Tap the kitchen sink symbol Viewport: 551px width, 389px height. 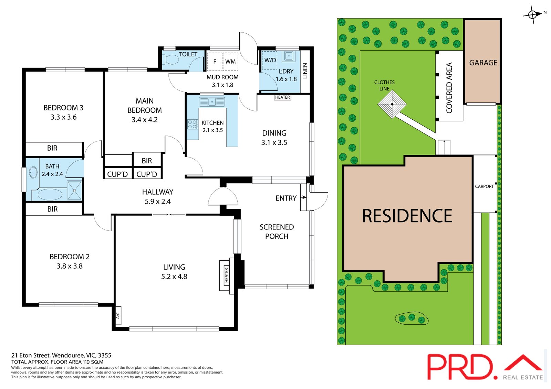[212, 101]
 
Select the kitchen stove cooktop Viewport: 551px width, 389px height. [193, 124]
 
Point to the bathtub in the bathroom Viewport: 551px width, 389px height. [47, 194]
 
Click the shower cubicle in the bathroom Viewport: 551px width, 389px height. [74, 191]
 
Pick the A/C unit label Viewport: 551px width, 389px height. [118, 315]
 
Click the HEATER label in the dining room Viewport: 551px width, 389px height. [282, 97]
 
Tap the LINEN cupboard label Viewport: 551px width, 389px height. [305, 71]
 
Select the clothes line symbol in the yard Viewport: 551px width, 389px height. [392, 104]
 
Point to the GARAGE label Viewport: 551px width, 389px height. [483, 63]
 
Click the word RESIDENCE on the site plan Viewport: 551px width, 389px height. [407, 216]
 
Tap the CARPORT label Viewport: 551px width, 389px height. [484, 186]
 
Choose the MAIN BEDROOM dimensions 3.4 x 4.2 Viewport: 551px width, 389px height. [145, 120]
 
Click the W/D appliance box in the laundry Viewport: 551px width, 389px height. [270, 60]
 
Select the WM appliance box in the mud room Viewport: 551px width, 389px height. [230, 62]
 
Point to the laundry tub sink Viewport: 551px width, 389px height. [289, 56]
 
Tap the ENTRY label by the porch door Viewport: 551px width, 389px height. [286, 198]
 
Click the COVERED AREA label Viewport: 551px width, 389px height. [449, 88]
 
